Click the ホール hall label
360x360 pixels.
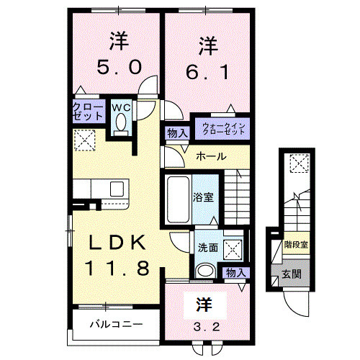[x=211, y=156]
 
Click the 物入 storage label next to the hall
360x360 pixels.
[x=177, y=133]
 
